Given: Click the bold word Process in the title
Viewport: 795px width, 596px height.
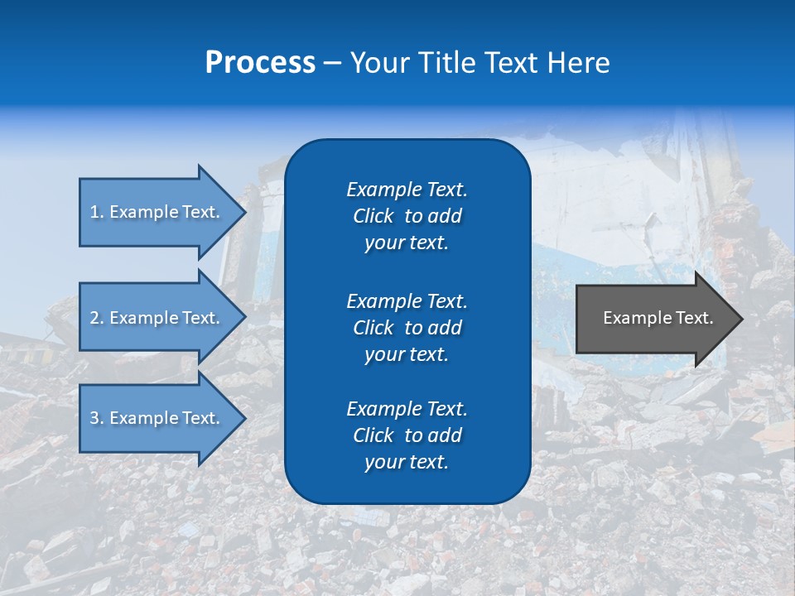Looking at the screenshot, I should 260,63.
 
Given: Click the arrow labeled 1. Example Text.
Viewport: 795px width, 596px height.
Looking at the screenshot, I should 157,212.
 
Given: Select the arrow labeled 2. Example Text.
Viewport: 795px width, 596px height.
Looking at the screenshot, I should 157,318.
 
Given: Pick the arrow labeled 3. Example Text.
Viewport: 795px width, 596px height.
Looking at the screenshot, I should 157,418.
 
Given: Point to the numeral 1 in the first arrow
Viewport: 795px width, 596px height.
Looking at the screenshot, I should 94,212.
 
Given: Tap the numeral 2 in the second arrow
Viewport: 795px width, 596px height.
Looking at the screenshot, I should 94,318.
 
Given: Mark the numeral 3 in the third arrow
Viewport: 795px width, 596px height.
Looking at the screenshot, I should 94,418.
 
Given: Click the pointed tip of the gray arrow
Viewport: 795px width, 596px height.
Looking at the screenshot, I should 739,319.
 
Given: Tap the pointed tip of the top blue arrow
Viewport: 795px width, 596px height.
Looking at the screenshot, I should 242,212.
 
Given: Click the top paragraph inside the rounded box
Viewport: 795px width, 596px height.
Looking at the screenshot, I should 407,216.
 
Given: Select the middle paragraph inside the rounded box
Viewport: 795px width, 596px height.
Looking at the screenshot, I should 407,327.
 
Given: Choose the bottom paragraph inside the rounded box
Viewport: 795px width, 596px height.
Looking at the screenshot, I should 407,435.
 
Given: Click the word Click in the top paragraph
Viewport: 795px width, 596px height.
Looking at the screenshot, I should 373,216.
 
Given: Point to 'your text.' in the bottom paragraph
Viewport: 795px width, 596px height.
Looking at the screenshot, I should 407,462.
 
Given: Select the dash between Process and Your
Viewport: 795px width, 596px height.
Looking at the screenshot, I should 332,64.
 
